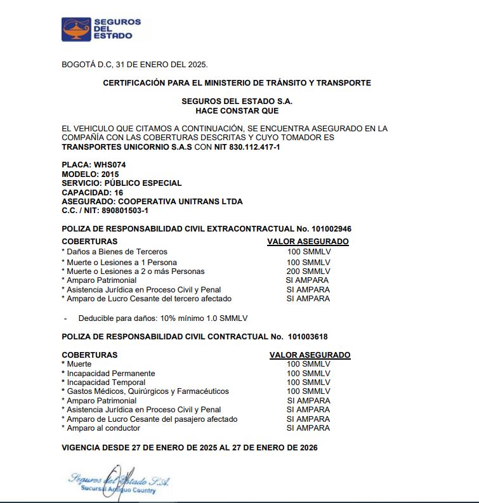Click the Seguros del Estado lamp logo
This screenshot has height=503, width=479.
[76, 29]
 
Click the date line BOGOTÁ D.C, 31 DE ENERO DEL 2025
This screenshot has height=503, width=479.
[135, 64]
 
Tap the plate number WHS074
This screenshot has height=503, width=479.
[104, 165]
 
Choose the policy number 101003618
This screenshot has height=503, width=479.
[307, 336]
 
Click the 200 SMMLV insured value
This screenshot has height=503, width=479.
[308, 271]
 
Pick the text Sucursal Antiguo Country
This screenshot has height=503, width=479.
[117, 490]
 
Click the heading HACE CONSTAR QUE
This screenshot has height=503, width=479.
[237, 110]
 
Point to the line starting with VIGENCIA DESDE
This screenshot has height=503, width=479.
[189, 447]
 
